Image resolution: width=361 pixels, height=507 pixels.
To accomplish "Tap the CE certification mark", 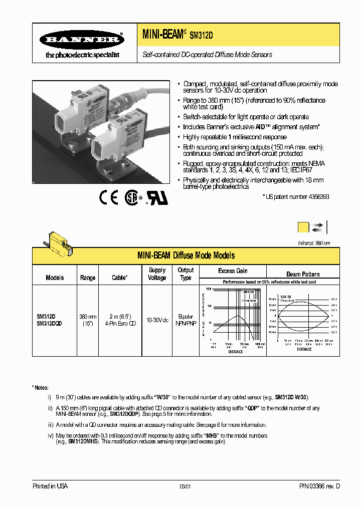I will [x=108, y=198].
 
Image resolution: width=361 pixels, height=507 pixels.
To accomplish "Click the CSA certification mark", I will [x=132, y=198].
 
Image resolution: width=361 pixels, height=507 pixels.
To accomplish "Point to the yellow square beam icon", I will [x=303, y=227].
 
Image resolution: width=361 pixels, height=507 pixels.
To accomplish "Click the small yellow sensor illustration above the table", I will [x=58, y=241].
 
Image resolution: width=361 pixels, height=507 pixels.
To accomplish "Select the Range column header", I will [x=88, y=278].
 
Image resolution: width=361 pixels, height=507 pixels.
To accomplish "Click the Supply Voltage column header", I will [x=157, y=274].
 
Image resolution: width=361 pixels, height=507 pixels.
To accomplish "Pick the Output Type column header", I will [x=186, y=274].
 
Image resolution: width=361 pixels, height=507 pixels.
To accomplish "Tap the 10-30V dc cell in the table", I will [x=157, y=320].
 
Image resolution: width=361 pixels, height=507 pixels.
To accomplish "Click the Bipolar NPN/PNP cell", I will [x=186, y=320].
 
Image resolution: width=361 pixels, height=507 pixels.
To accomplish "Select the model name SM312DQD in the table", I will [x=49, y=324].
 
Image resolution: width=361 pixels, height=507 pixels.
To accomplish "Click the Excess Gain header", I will [x=233, y=271].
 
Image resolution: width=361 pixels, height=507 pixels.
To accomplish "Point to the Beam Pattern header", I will [x=303, y=274].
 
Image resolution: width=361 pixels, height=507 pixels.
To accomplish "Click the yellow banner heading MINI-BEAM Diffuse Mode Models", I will [x=186, y=256].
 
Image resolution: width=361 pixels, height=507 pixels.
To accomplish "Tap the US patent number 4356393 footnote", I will [x=296, y=197].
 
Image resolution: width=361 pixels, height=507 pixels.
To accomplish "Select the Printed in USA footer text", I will [x=50, y=486].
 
